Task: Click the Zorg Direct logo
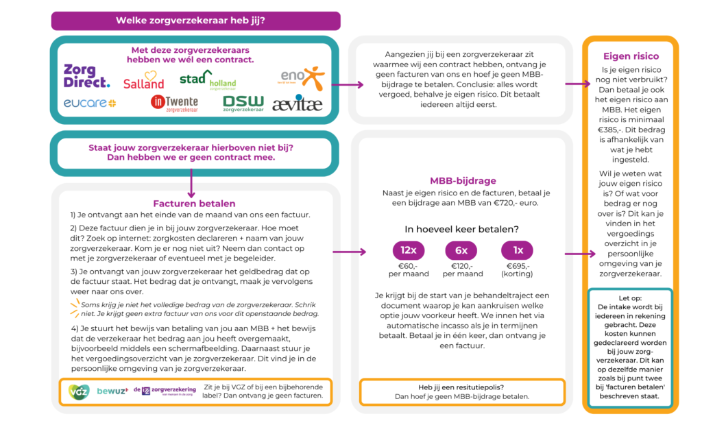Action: pyautogui.click(x=86, y=75)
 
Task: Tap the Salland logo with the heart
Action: pyautogui.click(x=144, y=80)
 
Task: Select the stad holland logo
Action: pyautogui.click(x=208, y=80)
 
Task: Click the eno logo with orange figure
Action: pyautogui.click(x=301, y=78)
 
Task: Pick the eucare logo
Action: pyautogui.click(x=90, y=104)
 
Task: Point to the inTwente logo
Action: pyautogui.click(x=174, y=104)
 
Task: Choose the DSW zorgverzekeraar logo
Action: pyautogui.click(x=243, y=104)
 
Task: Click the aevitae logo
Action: pyautogui.click(x=298, y=104)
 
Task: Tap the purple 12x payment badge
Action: pyautogui.click(x=409, y=250)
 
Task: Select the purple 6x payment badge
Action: pyautogui.click(x=461, y=250)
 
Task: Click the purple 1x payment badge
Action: pyautogui.click(x=517, y=250)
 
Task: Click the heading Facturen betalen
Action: pyautogui.click(x=194, y=204)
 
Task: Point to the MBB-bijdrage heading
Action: pyautogui.click(x=463, y=181)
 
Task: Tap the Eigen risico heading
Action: pyautogui.click(x=631, y=56)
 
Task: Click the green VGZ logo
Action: pyautogui.click(x=79, y=391)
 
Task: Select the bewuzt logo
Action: pyautogui.click(x=113, y=391)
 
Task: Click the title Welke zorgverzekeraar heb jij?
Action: pyautogui.click(x=191, y=21)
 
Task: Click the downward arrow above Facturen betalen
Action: pyautogui.click(x=191, y=184)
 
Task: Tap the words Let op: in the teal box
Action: pyautogui.click(x=631, y=298)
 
